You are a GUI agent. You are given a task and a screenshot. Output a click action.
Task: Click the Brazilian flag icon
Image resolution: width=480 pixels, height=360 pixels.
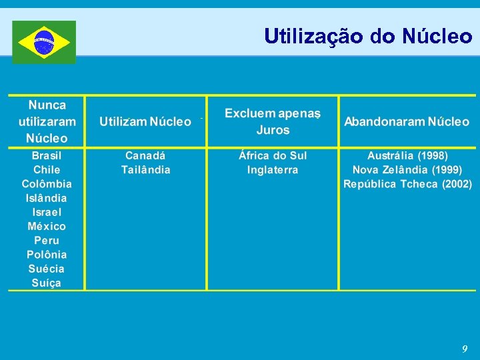(x=44, y=42)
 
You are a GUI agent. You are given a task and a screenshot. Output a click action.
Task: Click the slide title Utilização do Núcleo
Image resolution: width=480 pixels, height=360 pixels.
(x=368, y=36)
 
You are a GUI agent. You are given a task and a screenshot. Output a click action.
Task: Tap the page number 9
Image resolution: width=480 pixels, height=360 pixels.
(x=465, y=349)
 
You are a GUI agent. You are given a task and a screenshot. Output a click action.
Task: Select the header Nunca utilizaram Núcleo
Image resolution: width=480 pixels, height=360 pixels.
(x=47, y=121)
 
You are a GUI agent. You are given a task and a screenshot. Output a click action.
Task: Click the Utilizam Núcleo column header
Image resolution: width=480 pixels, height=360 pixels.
(x=145, y=121)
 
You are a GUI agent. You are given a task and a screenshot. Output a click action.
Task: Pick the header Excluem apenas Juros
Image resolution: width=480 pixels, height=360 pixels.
(x=273, y=121)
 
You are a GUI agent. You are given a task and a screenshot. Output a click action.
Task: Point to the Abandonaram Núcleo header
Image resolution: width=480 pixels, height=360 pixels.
(x=407, y=121)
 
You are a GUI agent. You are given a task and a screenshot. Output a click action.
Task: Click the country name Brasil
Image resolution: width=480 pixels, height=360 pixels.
(x=47, y=155)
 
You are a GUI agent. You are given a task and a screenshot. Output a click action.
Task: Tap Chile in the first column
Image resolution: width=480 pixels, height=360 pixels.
(x=47, y=169)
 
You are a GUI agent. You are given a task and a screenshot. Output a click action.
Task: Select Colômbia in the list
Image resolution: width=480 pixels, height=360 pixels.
(x=47, y=184)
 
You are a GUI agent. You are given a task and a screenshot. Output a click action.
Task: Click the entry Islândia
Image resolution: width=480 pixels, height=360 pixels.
(x=47, y=198)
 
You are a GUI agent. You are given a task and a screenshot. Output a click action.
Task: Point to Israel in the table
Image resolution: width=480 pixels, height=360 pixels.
(x=47, y=212)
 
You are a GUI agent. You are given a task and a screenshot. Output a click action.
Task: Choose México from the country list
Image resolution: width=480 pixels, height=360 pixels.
(x=47, y=226)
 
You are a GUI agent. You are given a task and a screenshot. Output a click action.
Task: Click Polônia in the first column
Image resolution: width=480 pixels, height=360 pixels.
(x=47, y=255)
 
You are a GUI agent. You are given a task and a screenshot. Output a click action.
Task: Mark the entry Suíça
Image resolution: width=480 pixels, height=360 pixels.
(x=47, y=283)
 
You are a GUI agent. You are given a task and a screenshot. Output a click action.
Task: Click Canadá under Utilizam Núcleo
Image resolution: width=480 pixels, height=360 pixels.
(x=145, y=155)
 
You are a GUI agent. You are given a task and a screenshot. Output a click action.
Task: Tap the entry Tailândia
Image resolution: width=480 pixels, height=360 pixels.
(x=145, y=169)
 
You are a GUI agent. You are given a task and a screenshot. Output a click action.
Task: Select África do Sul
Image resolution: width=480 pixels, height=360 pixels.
(x=273, y=155)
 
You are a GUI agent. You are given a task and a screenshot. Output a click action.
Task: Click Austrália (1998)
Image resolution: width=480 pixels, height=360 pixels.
(x=407, y=155)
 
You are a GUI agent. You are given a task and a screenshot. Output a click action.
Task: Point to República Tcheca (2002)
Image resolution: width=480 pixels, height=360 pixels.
(x=407, y=184)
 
